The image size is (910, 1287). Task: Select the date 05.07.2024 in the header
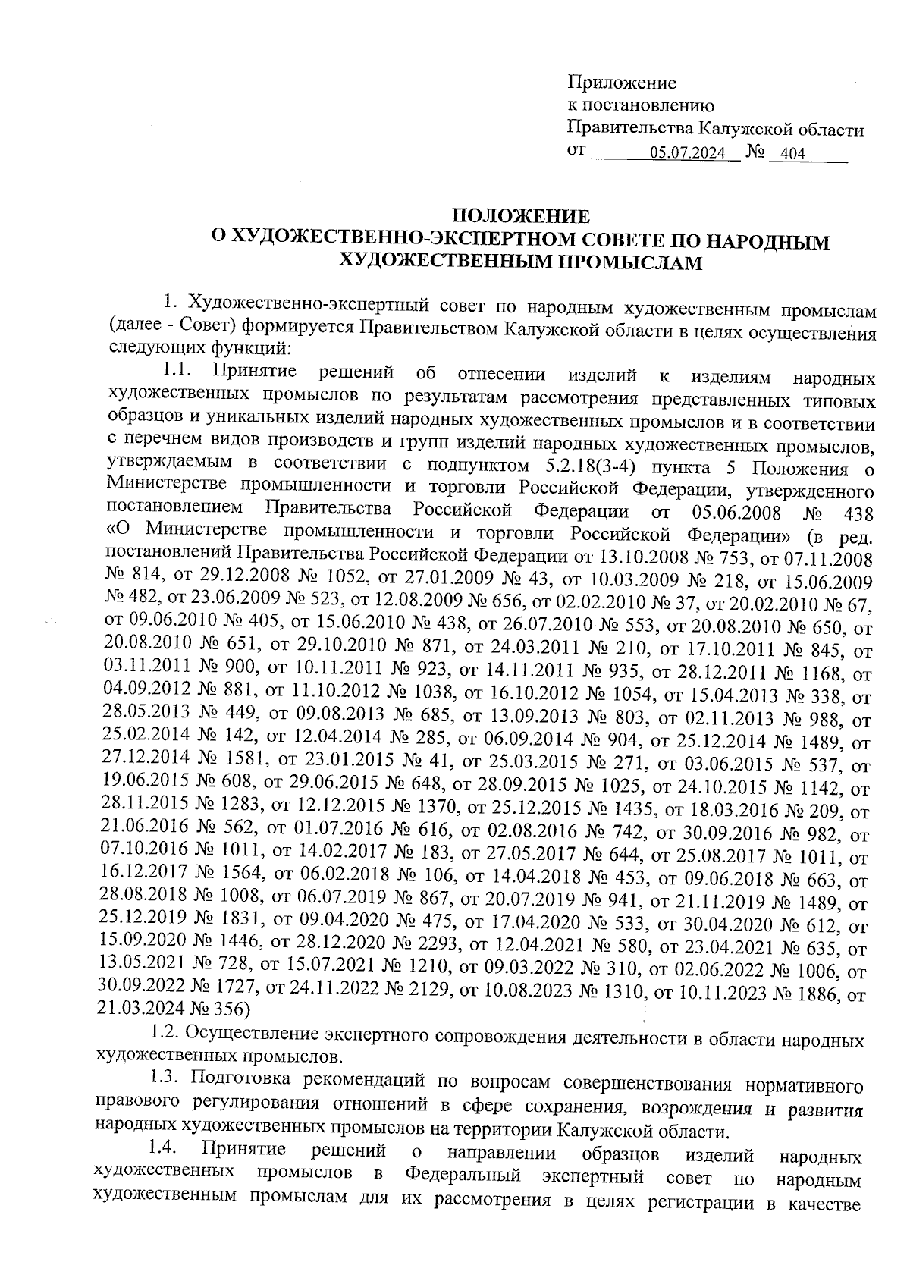[688, 154]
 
